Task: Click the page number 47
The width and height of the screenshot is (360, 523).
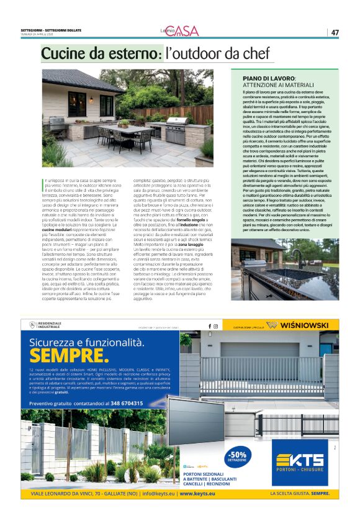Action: point(335,32)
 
